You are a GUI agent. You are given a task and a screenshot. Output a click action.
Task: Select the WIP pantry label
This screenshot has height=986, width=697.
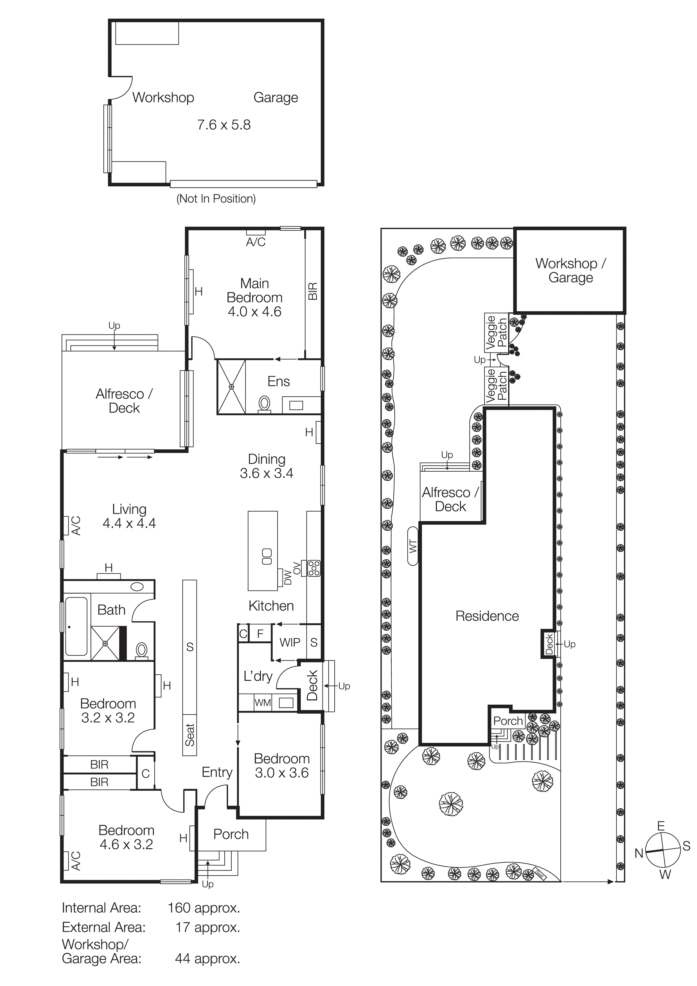coord(290,643)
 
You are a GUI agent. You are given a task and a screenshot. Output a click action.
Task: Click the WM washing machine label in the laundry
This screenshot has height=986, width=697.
coord(262,703)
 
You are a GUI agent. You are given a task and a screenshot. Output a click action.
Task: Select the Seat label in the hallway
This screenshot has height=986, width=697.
coord(190,735)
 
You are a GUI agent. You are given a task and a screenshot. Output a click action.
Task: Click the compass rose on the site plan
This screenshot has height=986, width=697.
coord(663,850)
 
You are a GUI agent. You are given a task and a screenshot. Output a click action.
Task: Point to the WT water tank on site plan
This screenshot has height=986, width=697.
coord(413,546)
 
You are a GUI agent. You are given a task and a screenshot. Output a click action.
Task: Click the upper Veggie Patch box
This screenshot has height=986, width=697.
coord(497,332)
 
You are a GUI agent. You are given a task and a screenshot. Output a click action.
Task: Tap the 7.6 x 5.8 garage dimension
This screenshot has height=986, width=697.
coord(224,125)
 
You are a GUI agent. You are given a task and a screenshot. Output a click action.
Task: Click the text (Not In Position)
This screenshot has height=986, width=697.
coord(216,198)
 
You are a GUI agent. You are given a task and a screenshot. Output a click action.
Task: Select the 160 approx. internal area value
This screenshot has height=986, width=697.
coord(204,908)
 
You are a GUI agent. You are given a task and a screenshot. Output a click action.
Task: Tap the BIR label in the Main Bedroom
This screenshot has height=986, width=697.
coord(313,291)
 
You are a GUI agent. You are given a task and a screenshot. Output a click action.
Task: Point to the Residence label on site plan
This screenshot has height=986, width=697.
coord(487,616)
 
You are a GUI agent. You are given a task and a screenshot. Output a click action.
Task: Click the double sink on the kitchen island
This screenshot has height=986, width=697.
coord(267,557)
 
